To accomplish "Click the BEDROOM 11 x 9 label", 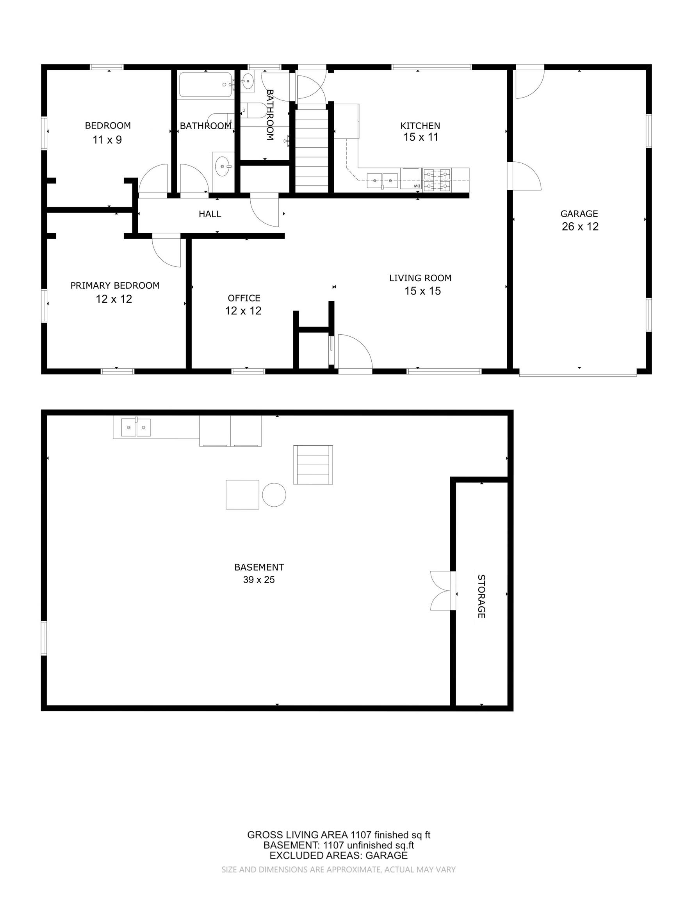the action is [107, 133].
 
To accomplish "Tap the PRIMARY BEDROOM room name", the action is [115, 285].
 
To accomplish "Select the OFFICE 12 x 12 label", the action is [244, 304].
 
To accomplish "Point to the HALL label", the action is [210, 214].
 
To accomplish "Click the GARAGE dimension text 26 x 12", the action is [580, 226].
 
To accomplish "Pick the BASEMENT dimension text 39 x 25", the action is [259, 579].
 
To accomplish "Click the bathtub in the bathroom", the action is [206, 85].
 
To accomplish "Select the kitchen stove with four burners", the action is [437, 180].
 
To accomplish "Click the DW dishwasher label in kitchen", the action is [417, 186].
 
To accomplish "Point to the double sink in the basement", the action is [136, 427].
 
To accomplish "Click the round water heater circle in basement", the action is [274, 495].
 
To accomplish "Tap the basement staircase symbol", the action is [313, 464].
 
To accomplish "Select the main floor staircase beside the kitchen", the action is [312, 148].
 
